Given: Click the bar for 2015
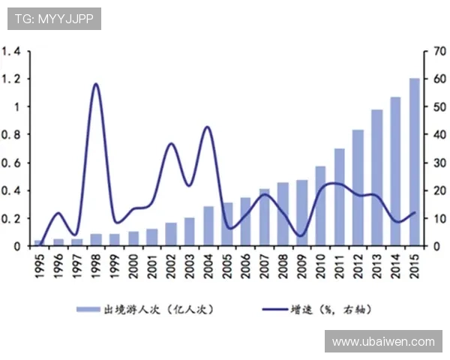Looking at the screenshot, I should click(415, 162).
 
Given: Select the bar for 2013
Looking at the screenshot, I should click(376, 178).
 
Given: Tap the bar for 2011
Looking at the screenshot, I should click(339, 196).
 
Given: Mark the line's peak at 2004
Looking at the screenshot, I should click(207, 127).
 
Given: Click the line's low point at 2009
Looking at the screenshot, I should click(300, 235).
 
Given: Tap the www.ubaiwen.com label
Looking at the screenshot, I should click(383, 341).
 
